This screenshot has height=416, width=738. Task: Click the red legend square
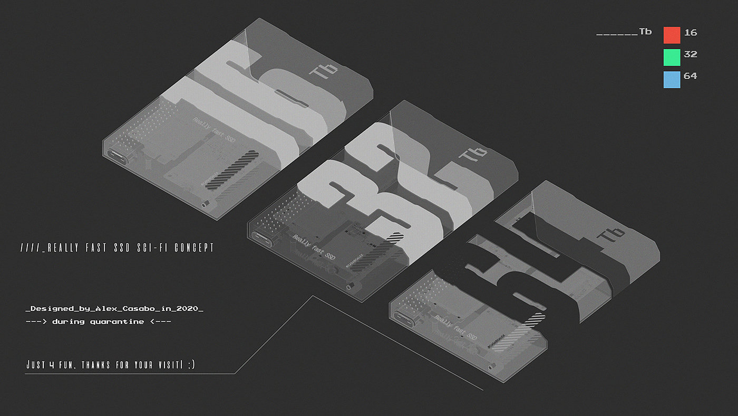point(672,35)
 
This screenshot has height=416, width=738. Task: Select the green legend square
point(672,57)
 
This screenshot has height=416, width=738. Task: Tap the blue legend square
point(672,79)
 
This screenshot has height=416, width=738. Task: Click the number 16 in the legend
point(690,33)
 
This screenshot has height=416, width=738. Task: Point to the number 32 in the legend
point(690,54)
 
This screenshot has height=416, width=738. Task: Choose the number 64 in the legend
point(690,76)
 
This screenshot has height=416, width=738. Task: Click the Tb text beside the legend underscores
point(645,32)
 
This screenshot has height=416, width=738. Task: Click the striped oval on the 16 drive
point(231,169)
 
